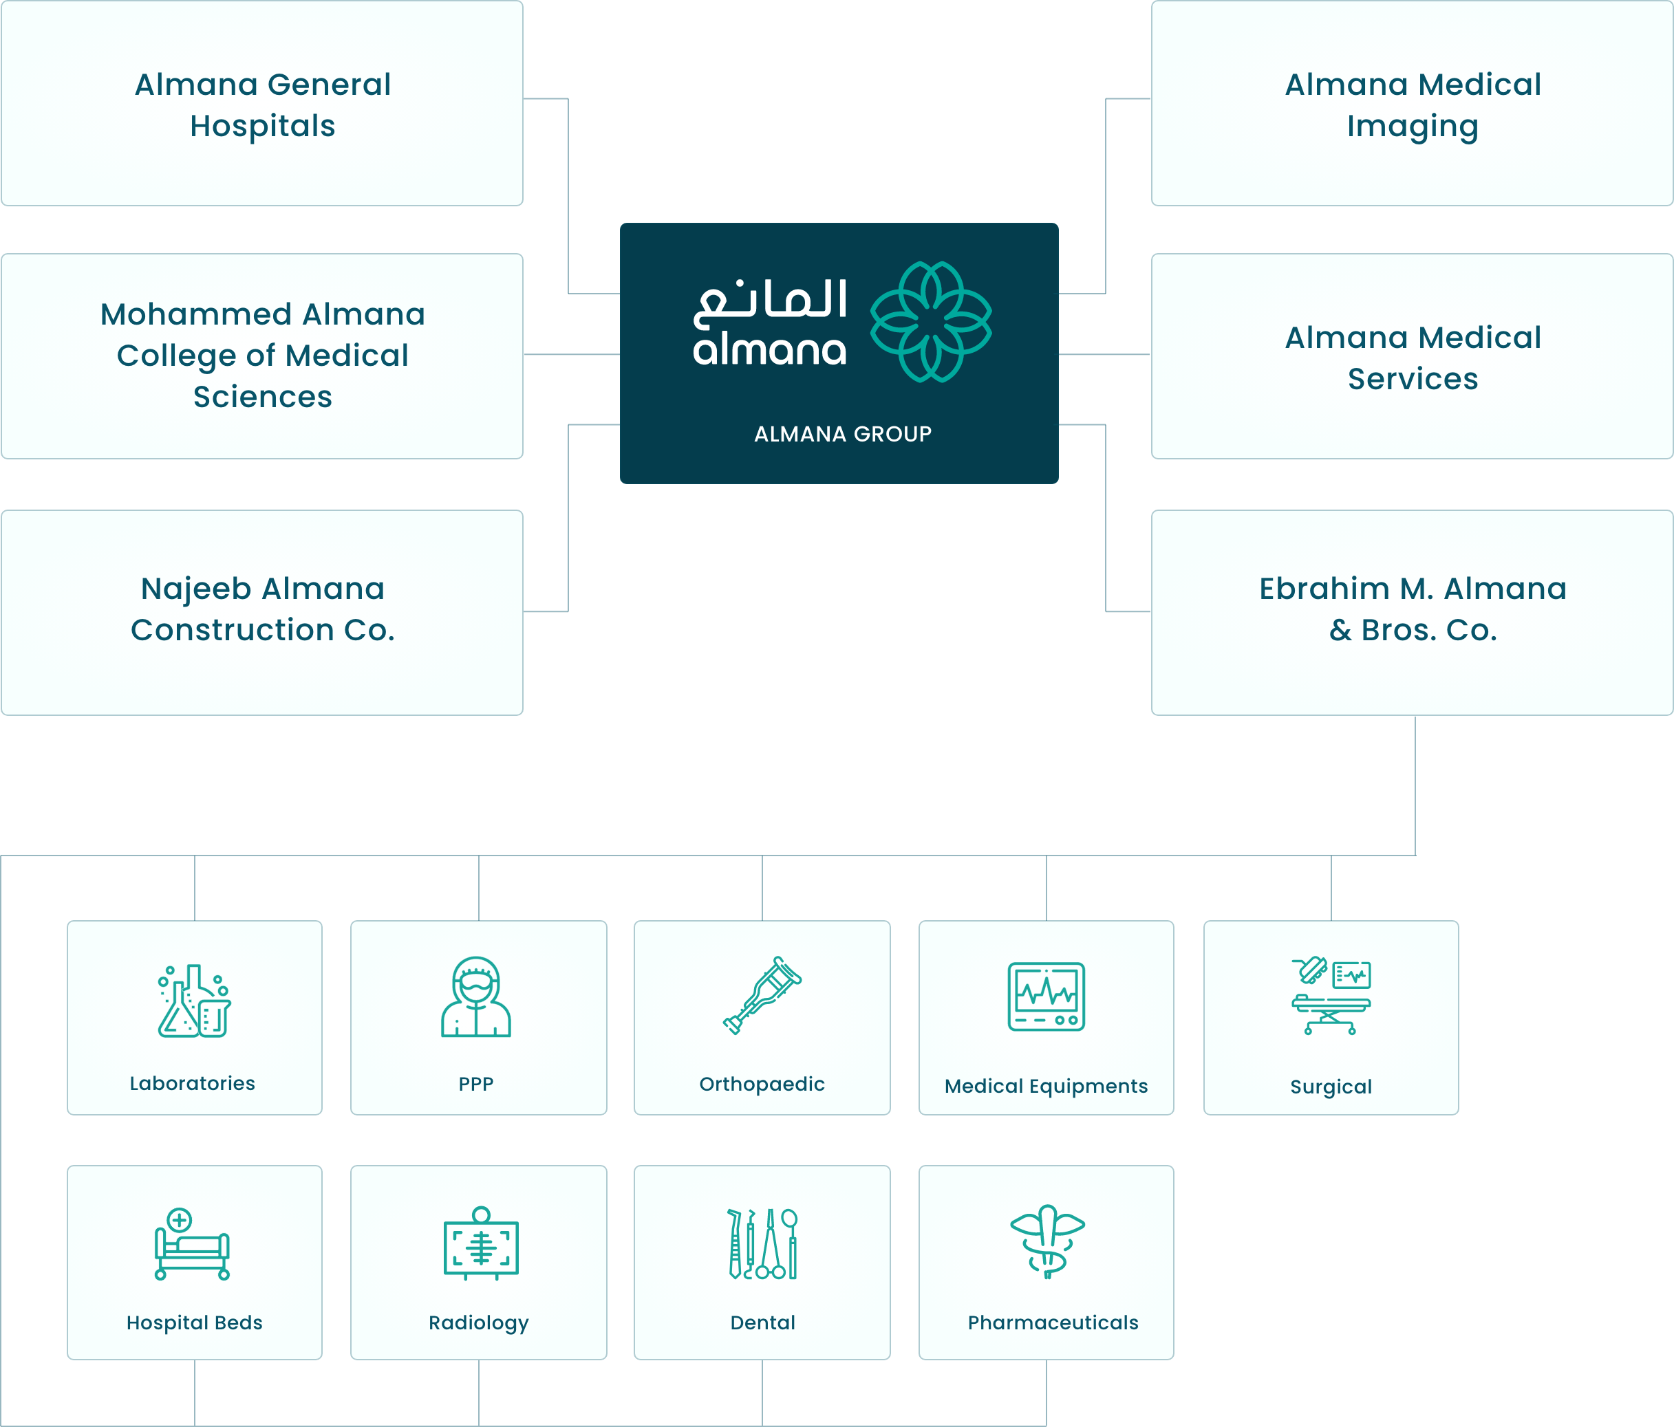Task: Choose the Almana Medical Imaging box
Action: coord(1413,104)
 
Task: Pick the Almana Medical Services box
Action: coord(1413,357)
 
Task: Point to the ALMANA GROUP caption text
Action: coord(843,435)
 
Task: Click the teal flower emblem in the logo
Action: coord(931,321)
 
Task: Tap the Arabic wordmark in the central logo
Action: coord(770,302)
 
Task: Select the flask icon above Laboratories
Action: coord(194,1001)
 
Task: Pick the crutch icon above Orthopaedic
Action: coord(762,995)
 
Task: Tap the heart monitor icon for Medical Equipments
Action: coord(1047,996)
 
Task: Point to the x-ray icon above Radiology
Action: coord(481,1243)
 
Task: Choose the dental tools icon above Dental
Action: coord(762,1243)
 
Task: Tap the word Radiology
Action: coord(478,1323)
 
